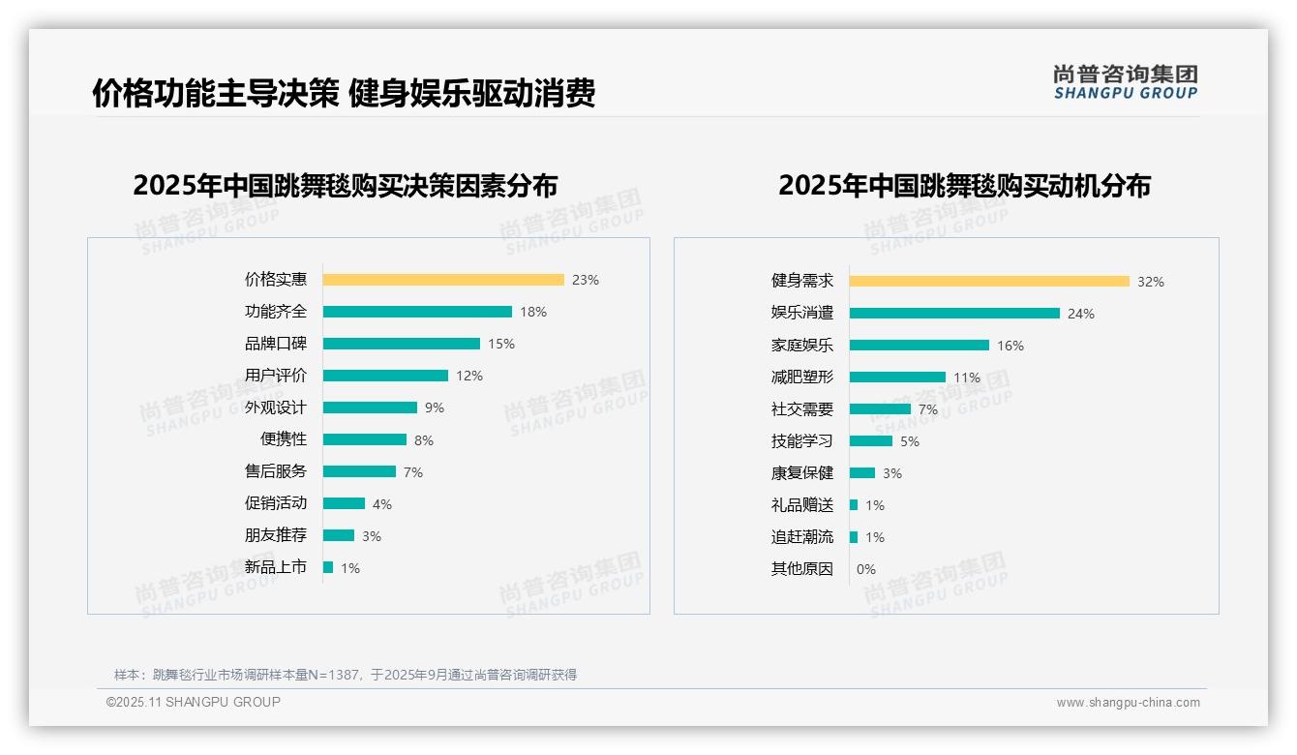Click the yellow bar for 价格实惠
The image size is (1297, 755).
coord(443,280)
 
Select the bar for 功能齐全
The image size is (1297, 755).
coord(417,312)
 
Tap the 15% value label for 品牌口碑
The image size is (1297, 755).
coord(501,344)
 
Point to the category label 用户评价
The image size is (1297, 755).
coord(276,376)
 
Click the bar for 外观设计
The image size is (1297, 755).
coord(370,408)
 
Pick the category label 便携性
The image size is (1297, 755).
coord(284,439)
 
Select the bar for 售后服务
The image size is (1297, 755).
coord(359,471)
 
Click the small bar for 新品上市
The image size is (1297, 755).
coord(328,567)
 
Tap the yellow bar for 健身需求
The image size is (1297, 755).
coord(989,282)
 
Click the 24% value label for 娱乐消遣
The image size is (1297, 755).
coord(1081,314)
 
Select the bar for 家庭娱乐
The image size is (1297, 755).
coord(920,346)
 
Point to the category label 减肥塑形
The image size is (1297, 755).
coord(802,377)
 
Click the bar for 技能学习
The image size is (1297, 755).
coord(871,441)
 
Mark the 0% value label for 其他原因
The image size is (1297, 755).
coord(866,569)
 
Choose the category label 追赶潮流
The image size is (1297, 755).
coord(802,537)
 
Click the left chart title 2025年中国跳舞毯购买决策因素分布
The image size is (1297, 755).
coord(346,185)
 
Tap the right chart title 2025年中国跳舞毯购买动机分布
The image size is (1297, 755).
coord(964,185)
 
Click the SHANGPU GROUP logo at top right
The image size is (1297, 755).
coord(1126,82)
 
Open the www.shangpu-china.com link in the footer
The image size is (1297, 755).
coord(1128,703)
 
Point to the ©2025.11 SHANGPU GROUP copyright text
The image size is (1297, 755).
coord(194,702)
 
